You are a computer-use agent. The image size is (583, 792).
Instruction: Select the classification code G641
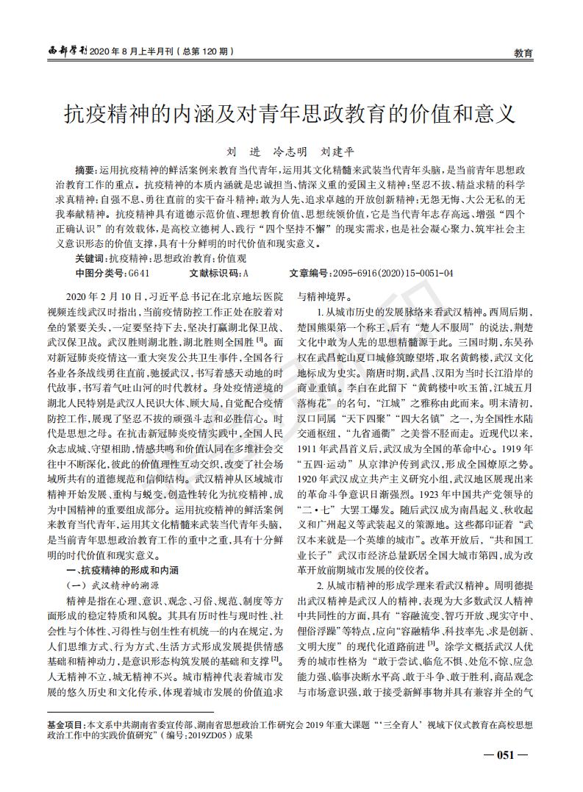click(x=140, y=273)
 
